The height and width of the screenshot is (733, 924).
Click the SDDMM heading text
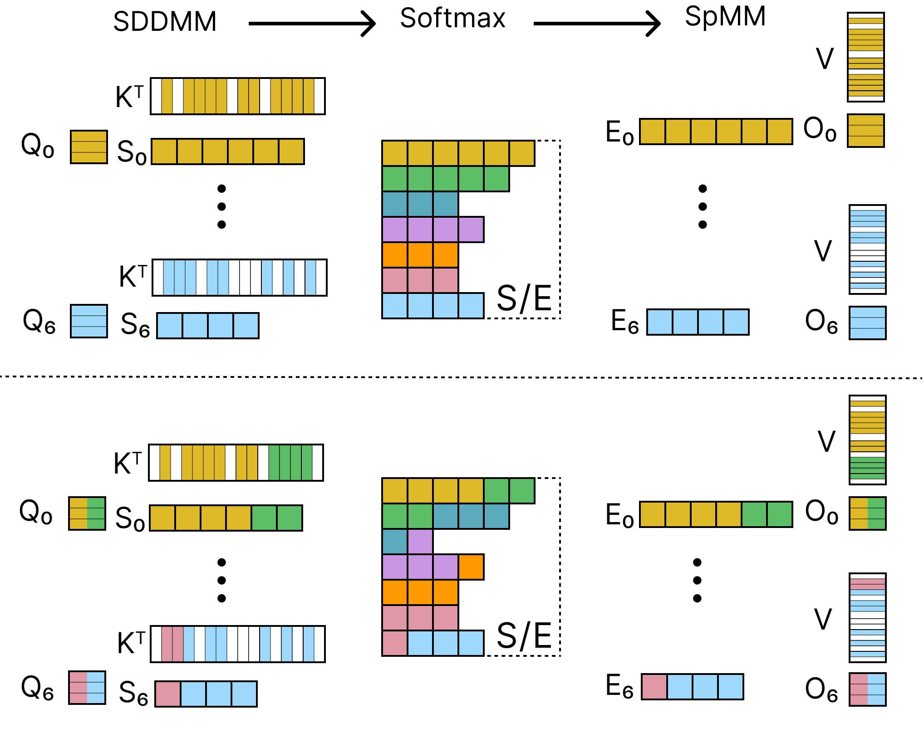tap(165, 22)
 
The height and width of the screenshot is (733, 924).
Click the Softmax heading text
tap(452, 19)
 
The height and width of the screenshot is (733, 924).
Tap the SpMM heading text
tap(725, 17)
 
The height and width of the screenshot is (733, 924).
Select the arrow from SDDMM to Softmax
tap(312, 24)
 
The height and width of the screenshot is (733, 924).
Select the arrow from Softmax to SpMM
tap(597, 24)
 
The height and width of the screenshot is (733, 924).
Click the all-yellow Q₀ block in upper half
tap(89, 147)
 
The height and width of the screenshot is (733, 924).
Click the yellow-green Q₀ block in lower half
tap(87, 513)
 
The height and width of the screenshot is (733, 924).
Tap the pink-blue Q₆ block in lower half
tap(87, 688)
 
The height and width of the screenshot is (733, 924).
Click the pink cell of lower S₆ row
tap(168, 694)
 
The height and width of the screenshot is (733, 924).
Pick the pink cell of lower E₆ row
tap(654, 687)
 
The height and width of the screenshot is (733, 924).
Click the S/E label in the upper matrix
tap(524, 298)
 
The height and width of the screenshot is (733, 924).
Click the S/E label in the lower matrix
tap(524, 636)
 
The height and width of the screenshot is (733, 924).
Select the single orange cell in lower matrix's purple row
tap(471, 567)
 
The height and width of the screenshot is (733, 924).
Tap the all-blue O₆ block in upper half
tap(867, 323)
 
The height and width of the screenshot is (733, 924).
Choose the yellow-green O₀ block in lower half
tap(867, 513)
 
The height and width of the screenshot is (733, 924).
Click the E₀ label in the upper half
tap(619, 133)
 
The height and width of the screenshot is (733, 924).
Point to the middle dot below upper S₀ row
tap(221, 206)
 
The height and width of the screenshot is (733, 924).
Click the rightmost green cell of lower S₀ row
tap(290, 518)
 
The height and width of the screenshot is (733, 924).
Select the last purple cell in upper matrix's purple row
tap(471, 230)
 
